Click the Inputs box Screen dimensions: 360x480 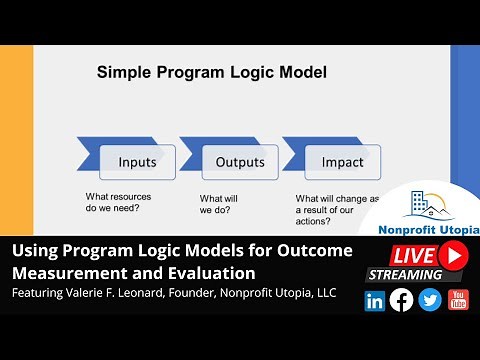(137, 162)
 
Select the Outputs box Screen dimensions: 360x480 (240, 162)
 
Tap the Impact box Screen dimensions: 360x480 (342, 162)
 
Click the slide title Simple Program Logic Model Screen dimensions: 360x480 (211, 72)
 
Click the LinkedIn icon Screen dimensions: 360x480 (375, 299)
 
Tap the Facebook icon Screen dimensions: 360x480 (402, 299)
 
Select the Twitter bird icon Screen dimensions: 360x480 (430, 299)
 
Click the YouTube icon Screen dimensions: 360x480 (458, 299)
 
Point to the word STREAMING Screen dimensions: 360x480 (404, 274)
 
